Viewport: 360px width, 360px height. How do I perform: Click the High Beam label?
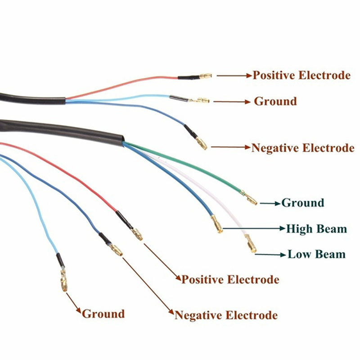click(316, 229)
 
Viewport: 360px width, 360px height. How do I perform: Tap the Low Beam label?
click(316, 254)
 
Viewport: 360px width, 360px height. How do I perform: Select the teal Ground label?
click(302, 203)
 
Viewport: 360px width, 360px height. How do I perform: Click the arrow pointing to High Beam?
click(254, 229)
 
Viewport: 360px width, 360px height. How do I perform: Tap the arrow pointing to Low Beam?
click(270, 255)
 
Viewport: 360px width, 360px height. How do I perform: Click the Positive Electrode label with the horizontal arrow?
click(301, 75)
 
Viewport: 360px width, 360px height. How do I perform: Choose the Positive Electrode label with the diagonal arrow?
click(230, 279)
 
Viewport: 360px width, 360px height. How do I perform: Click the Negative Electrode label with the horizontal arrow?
click(302, 148)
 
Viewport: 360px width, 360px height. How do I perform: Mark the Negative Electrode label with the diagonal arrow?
click(226, 315)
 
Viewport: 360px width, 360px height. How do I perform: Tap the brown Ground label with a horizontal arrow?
click(275, 101)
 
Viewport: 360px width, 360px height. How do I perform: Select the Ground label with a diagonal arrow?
click(103, 314)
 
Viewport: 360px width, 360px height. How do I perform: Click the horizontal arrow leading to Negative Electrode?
click(230, 147)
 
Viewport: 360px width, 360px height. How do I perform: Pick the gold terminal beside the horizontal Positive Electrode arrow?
click(206, 76)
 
